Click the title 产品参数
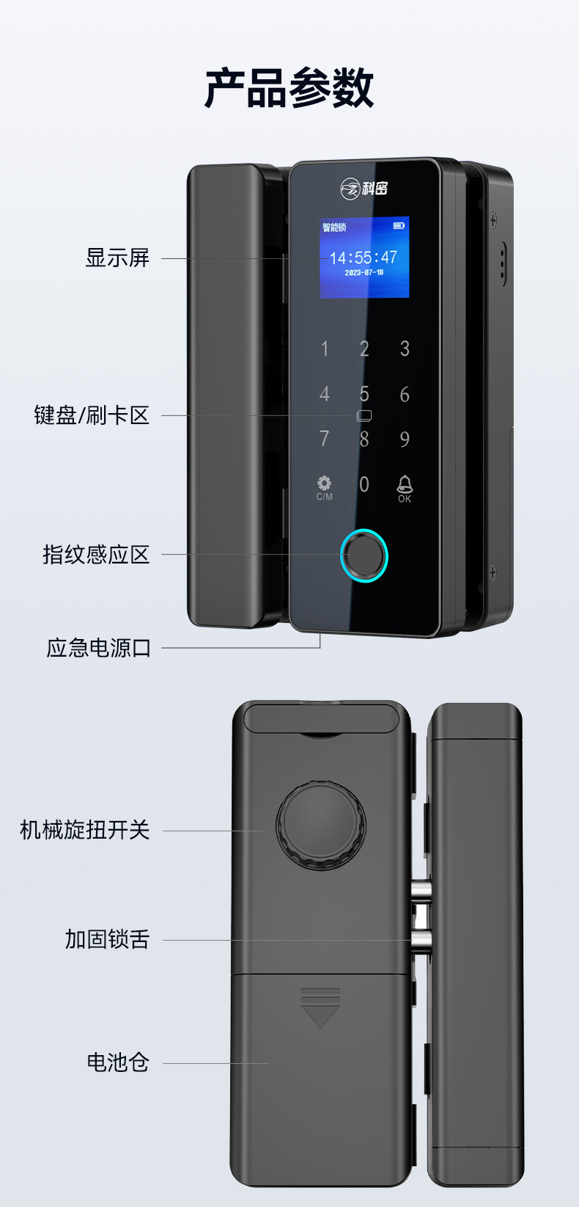[x=289, y=88]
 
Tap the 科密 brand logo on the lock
[x=364, y=189]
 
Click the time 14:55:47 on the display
[x=364, y=258]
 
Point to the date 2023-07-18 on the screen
[x=364, y=273]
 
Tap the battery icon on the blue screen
[x=398, y=225]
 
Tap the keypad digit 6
[x=405, y=395]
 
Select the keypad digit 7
[x=324, y=439]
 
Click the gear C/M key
[x=324, y=488]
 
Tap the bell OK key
[x=405, y=489]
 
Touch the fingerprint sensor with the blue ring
[x=364, y=555]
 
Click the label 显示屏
[x=117, y=258]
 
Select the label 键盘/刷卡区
[x=92, y=415]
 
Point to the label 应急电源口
[x=98, y=648]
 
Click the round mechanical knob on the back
[x=321, y=825]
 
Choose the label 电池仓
[x=118, y=1062]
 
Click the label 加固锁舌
[x=107, y=939]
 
